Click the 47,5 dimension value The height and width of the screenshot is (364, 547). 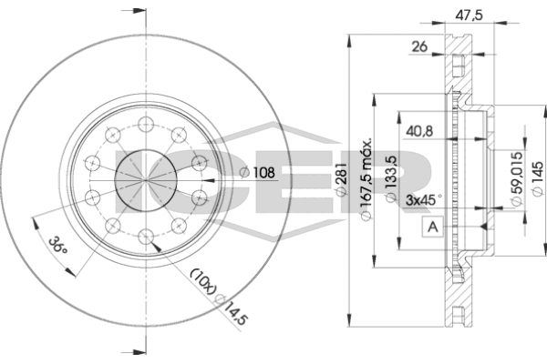coord(469,15)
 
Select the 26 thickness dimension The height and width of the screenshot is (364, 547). coord(419,46)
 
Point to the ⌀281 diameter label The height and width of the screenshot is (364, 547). coord(341,178)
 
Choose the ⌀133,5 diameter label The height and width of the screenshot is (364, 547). coord(391,179)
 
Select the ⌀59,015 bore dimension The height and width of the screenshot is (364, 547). coord(516,178)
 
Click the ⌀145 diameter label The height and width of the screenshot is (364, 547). coord(537,178)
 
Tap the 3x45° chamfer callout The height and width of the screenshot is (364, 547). coord(424,200)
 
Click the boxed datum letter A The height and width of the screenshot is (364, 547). coord(432,227)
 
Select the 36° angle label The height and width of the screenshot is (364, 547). coord(57,245)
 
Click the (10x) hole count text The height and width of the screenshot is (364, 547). coord(203,281)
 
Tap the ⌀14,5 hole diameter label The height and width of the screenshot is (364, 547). coord(231,309)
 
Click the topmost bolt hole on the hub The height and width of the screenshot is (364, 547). coord(146,125)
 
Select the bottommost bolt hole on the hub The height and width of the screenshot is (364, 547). coord(146,237)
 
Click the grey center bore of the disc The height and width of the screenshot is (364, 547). coord(146,180)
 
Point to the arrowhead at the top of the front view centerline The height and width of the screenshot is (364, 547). coord(139,10)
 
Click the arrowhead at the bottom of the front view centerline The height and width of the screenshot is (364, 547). coord(139,352)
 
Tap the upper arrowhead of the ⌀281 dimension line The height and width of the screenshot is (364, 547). coord(348,42)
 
